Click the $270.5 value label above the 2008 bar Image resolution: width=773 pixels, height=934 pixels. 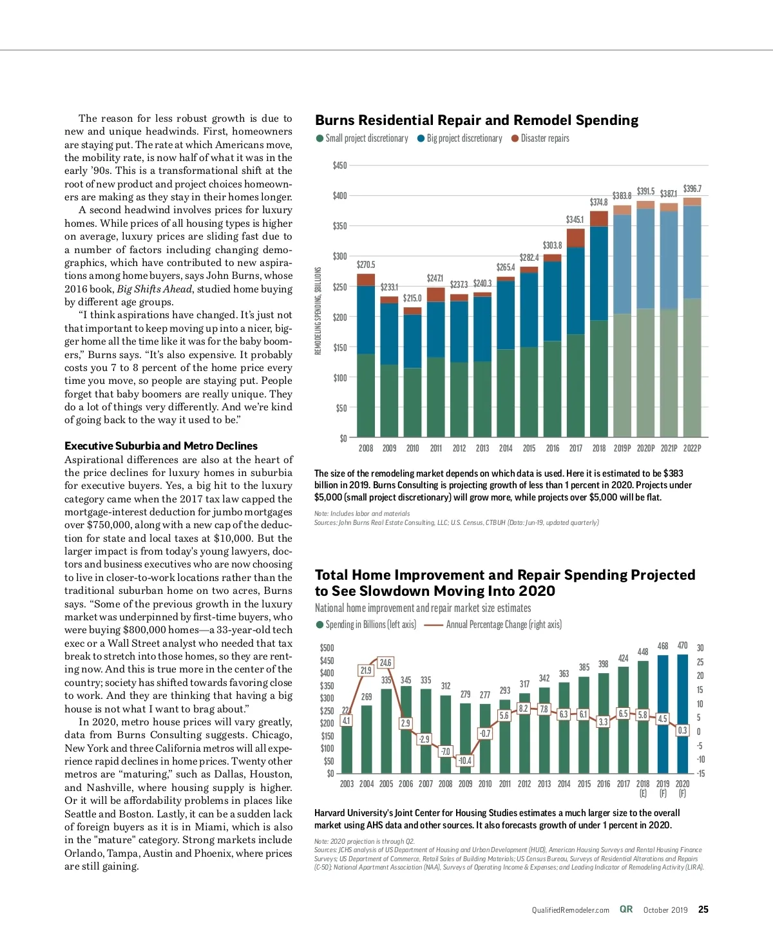(366, 265)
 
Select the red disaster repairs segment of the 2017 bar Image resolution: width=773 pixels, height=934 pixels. (575, 238)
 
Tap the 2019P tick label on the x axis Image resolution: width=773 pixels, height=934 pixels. (622, 448)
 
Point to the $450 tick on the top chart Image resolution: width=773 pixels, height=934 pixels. (339, 166)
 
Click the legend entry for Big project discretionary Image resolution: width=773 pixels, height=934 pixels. (460, 138)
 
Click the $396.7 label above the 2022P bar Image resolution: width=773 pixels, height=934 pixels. (692, 189)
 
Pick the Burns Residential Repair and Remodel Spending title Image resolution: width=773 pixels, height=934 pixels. (477, 120)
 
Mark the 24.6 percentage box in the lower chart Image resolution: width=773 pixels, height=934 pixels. (385, 663)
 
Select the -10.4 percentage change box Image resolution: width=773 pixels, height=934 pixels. (464, 761)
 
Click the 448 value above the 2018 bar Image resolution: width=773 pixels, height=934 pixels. (642, 652)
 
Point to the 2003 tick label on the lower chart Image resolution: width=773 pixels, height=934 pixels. (347, 784)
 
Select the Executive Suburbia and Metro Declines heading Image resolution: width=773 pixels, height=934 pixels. (161, 446)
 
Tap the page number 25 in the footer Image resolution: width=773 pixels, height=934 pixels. (703, 910)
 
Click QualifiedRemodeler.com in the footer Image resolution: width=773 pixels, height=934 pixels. (570, 910)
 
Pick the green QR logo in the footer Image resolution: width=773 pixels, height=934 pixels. (626, 910)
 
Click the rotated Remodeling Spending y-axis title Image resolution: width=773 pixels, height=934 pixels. (318, 310)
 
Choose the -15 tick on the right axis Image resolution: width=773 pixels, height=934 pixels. (700, 774)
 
